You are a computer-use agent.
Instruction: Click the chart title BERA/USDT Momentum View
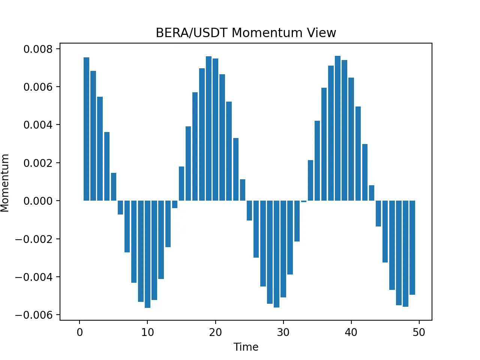point(246,33)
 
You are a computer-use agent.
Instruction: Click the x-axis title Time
point(246,346)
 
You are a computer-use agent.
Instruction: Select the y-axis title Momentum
point(5,183)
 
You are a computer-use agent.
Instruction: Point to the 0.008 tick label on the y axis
point(38,49)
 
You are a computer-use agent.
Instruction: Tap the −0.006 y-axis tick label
point(34,315)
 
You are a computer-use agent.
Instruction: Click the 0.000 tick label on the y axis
point(38,201)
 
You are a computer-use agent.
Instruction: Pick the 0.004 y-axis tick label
point(38,125)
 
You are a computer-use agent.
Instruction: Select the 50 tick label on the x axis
point(419,332)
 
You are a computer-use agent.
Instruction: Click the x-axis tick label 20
point(215,332)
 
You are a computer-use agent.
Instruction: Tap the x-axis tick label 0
point(79,332)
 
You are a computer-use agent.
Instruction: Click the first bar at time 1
point(86,129)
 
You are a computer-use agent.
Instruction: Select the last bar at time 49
point(412,247)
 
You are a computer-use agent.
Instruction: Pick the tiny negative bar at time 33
point(303,201)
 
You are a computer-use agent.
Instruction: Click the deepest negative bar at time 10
point(148,254)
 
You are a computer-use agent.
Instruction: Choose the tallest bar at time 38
point(337,128)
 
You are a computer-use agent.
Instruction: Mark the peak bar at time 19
point(208,129)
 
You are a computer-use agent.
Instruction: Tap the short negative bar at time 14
point(175,204)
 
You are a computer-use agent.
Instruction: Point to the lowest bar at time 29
point(276,254)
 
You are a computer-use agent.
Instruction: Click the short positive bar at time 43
point(372,193)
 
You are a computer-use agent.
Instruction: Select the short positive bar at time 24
point(243,190)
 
